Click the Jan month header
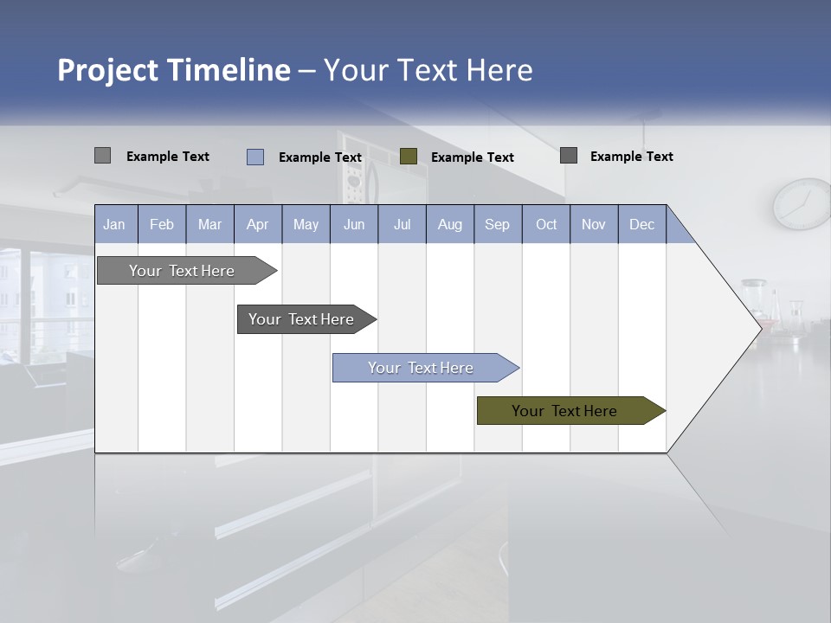114,224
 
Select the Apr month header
258,224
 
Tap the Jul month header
403,224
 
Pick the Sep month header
498,224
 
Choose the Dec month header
642,224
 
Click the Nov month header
594,224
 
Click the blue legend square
255,157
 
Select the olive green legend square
409,156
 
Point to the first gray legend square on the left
102,156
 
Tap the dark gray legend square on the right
569,155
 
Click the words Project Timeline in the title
173,70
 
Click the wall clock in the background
802,204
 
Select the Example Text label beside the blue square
320,157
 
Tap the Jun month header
354,224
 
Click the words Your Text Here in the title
428,70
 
